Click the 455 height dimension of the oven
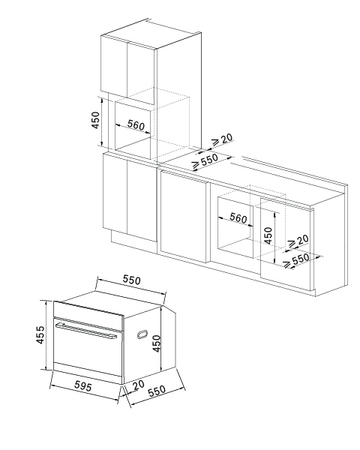(x=40, y=334)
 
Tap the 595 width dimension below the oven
(x=83, y=386)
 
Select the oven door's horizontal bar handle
(x=86, y=331)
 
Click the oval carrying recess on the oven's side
(x=142, y=334)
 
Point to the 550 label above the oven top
(x=132, y=280)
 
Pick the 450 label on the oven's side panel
(x=157, y=343)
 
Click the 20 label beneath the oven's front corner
(x=139, y=385)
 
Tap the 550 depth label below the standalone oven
(x=157, y=391)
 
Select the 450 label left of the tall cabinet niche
(x=95, y=120)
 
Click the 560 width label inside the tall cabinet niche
(x=136, y=125)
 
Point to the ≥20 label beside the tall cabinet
(x=222, y=139)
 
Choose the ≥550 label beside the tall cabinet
(x=205, y=160)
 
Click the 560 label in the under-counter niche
(x=238, y=218)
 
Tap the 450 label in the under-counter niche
(x=268, y=235)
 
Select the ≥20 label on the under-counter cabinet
(x=298, y=241)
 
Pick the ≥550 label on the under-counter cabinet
(x=297, y=260)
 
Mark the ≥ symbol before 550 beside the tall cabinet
(x=196, y=164)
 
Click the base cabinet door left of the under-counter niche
(x=184, y=215)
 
